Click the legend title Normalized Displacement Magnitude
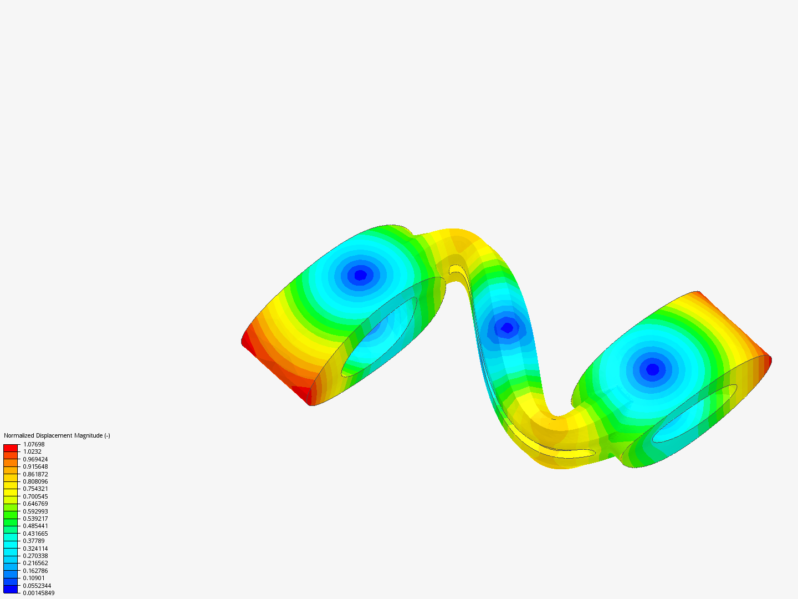[57, 435]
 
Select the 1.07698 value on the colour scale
[34, 444]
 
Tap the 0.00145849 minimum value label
[39, 593]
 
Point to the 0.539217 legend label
[35, 519]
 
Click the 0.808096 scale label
[35, 481]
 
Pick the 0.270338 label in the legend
[35, 556]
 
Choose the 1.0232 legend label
[32, 451]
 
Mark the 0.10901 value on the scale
[34, 578]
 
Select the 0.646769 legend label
[35, 504]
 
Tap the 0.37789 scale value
[34, 541]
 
